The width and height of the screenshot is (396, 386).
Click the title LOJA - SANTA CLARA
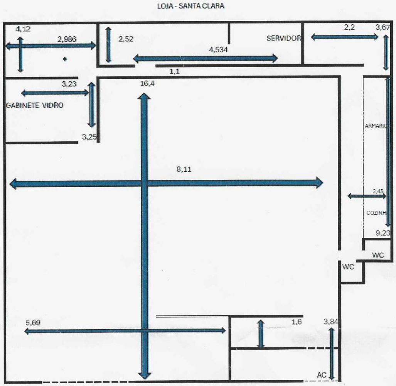[x=191, y=6]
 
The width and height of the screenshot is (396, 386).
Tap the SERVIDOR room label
[x=284, y=38]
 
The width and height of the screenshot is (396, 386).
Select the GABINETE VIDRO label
[x=35, y=105]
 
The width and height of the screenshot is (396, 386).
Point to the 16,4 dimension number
[x=148, y=84]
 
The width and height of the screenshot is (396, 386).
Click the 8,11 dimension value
[x=184, y=169]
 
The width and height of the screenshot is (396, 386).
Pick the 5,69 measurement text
[x=33, y=323]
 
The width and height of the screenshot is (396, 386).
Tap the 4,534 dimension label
[x=219, y=49]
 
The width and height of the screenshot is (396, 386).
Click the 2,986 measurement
[x=67, y=39]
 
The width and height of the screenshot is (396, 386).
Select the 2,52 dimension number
[x=126, y=39]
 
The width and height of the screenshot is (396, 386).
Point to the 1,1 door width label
[x=175, y=71]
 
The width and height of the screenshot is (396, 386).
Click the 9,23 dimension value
[x=383, y=233]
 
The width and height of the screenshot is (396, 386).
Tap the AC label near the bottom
[x=322, y=375]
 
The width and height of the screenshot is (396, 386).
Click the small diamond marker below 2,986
[x=65, y=59]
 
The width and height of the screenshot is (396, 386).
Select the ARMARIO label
[x=376, y=125]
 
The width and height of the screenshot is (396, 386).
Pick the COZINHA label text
[x=376, y=213]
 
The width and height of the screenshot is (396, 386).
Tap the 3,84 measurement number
[x=330, y=322]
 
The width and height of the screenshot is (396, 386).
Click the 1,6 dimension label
[x=297, y=322]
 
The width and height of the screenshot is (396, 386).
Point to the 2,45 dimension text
[x=378, y=191]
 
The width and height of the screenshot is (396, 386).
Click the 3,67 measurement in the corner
[x=383, y=27]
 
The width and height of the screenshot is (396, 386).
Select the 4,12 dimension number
[x=23, y=29]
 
